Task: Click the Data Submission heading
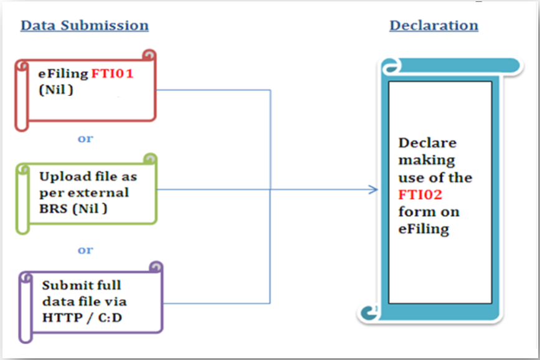tap(85, 26)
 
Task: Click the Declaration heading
tap(433, 26)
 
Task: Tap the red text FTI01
tap(113, 73)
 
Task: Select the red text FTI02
tap(420, 195)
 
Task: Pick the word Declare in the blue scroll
tap(427, 143)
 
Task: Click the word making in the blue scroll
tap(427, 160)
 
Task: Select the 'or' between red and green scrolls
tap(85, 138)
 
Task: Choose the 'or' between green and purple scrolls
tap(85, 250)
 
